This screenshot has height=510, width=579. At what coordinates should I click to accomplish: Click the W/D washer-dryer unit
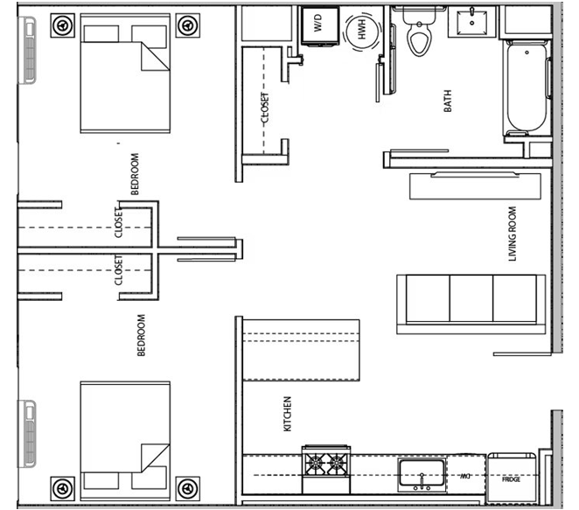click(x=320, y=25)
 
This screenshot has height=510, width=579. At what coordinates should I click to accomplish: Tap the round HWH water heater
click(x=362, y=31)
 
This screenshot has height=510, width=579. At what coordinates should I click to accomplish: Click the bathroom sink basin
click(x=472, y=22)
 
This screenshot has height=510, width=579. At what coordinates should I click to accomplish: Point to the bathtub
click(x=527, y=87)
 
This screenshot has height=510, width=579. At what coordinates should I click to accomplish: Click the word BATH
click(x=448, y=101)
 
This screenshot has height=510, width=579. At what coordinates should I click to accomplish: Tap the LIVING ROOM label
click(x=513, y=234)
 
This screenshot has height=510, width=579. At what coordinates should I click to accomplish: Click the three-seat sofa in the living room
click(x=471, y=304)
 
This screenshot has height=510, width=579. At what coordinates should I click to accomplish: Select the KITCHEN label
click(x=287, y=414)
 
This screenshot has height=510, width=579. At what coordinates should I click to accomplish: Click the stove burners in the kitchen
click(x=326, y=463)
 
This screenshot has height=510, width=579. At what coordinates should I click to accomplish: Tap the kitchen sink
click(x=422, y=474)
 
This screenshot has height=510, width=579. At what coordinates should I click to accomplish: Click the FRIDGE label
click(x=511, y=479)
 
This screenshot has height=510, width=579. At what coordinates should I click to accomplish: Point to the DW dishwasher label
click(x=465, y=477)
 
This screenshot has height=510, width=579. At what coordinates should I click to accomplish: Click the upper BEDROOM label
click(x=136, y=173)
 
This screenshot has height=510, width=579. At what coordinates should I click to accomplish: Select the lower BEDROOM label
click(x=141, y=335)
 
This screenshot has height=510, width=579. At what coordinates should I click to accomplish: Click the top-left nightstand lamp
click(x=63, y=25)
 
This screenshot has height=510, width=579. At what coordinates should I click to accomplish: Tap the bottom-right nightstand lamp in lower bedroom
click(x=188, y=489)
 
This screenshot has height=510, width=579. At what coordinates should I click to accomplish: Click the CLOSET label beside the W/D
click(x=265, y=108)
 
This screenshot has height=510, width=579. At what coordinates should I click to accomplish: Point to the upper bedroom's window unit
click(x=28, y=50)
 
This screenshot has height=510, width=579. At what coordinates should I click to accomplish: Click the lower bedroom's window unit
click(x=28, y=434)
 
